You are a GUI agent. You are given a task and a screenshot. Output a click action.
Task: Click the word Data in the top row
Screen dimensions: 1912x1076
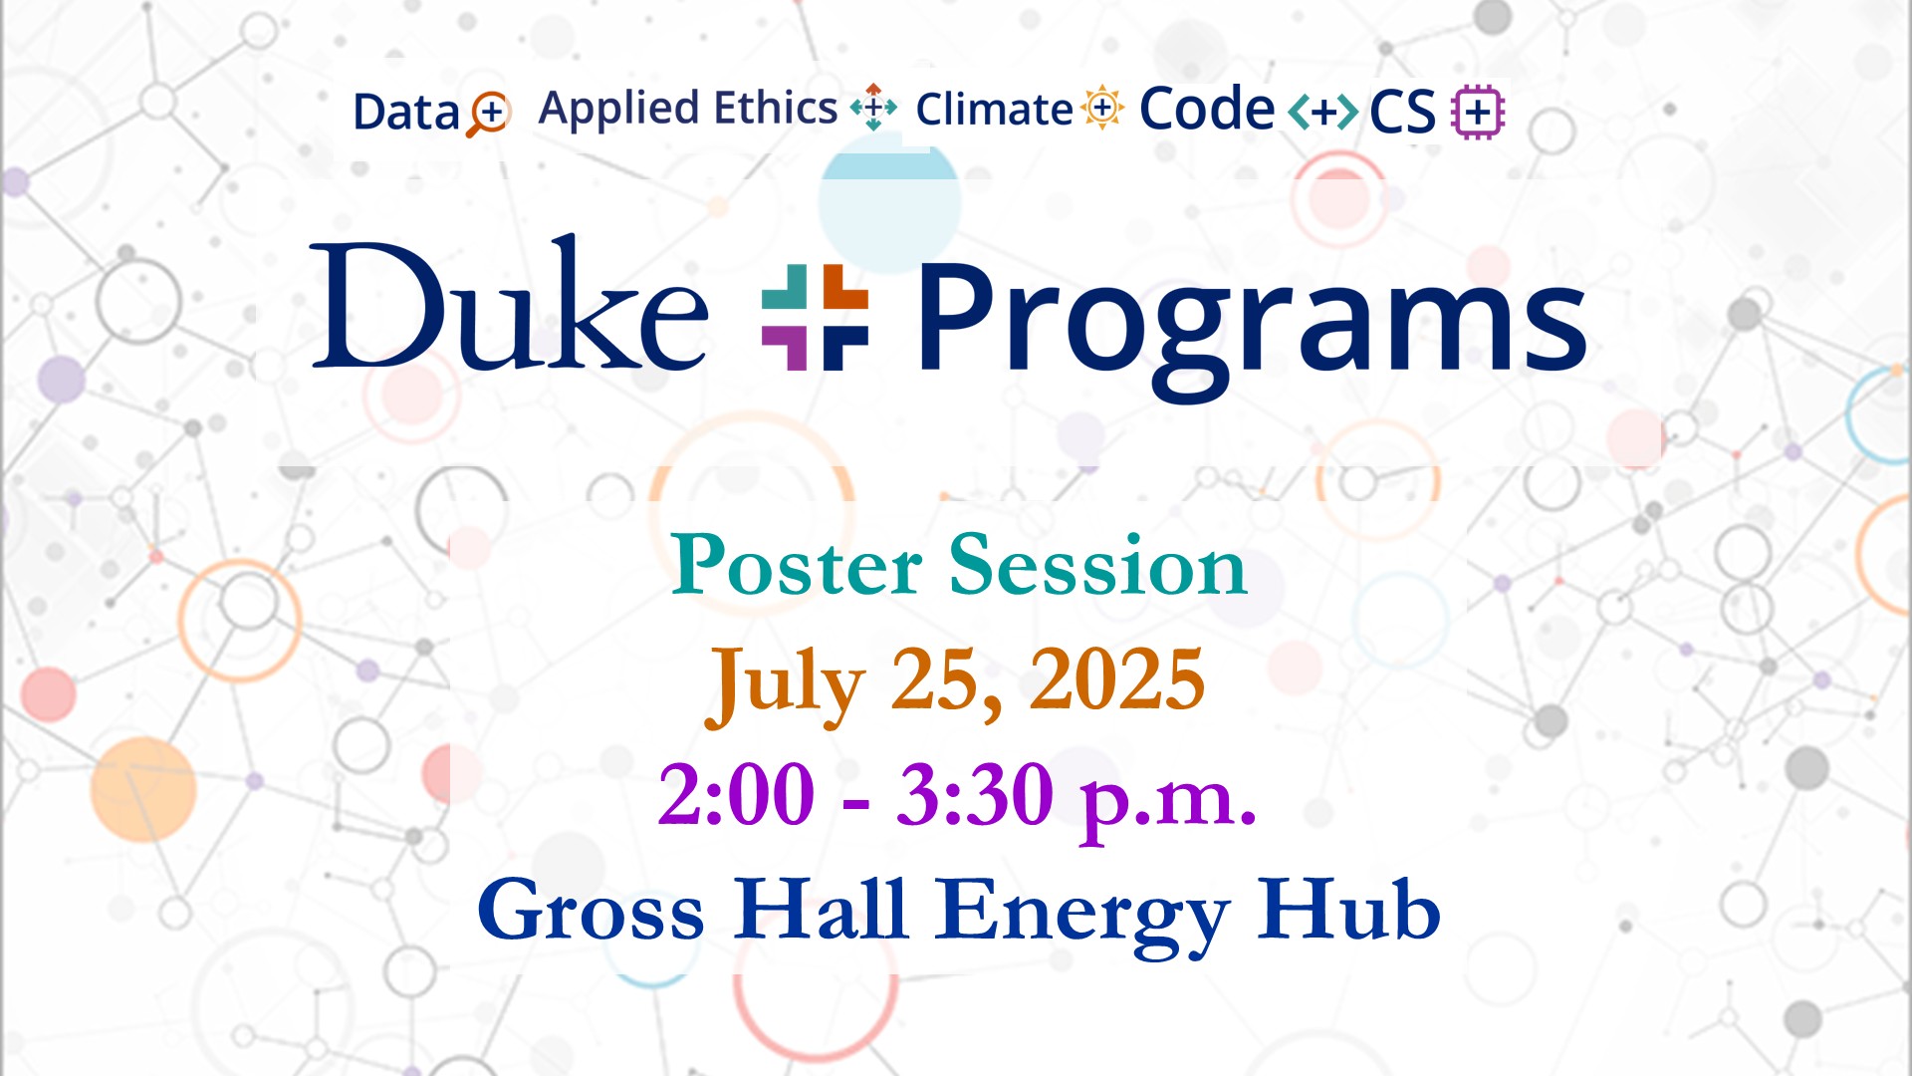(x=405, y=112)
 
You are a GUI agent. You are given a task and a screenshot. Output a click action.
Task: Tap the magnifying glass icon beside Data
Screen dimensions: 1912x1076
(x=488, y=114)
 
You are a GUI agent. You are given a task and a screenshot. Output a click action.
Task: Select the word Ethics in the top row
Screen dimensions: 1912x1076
(x=776, y=108)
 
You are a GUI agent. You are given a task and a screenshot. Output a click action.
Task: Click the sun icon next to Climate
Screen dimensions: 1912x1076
(x=1102, y=108)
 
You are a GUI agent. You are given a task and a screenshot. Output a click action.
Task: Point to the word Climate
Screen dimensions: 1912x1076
(x=994, y=110)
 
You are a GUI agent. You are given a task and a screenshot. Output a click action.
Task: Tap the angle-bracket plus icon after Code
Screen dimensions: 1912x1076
(x=1322, y=112)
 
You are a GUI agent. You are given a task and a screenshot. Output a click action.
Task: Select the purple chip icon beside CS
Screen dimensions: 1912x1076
(x=1478, y=112)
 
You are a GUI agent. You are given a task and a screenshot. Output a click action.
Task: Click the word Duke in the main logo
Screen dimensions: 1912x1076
(x=510, y=303)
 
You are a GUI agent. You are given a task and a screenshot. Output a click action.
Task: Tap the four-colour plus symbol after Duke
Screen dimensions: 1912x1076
(x=815, y=317)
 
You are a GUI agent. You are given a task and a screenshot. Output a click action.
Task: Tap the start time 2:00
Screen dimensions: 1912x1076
(x=737, y=795)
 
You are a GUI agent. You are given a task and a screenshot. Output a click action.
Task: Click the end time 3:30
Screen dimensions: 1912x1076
(x=975, y=795)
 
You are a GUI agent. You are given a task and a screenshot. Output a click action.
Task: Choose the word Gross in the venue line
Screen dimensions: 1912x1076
(x=592, y=909)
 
